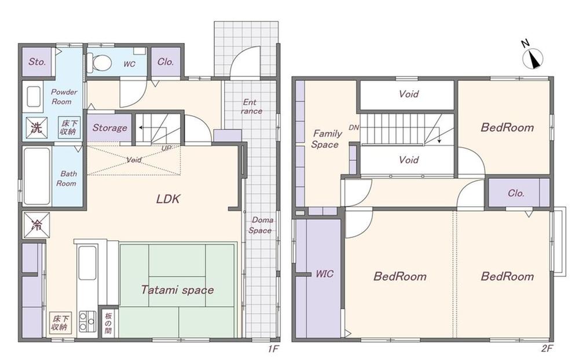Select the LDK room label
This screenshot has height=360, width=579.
click(168, 199)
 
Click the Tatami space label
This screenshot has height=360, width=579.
click(177, 290)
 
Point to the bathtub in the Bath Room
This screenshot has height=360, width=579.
click(36, 176)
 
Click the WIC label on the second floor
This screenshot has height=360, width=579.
click(324, 274)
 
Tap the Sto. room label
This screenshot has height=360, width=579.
click(37, 62)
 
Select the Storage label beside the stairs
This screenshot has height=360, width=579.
click(109, 128)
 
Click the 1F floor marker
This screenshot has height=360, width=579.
click(273, 348)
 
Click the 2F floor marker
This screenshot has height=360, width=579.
click(547, 348)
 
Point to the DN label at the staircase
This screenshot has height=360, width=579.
click(354, 128)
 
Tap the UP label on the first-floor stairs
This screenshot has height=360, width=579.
click(167, 148)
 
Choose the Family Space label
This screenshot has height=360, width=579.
click(326, 139)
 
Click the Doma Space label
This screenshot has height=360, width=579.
click(262, 225)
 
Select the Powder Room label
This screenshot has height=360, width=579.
click(64, 97)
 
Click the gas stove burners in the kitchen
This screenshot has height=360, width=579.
click(87, 322)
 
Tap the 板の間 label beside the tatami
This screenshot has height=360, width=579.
click(108, 323)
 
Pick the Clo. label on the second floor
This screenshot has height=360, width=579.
click(516, 193)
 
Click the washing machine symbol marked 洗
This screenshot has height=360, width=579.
click(36, 127)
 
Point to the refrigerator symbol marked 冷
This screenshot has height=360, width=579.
click(36, 225)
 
